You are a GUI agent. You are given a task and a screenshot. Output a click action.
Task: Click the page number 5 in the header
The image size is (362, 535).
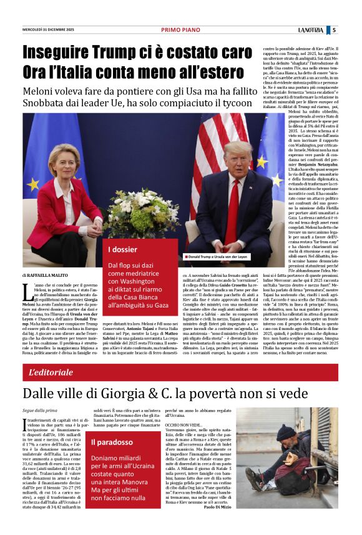[x=334, y=29]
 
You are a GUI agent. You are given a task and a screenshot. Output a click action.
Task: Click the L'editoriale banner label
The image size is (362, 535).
[x=51, y=372]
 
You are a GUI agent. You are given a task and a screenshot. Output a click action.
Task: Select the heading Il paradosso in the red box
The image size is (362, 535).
[x=112, y=442]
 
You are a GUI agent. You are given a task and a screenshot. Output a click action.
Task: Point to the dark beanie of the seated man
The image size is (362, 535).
[x=286, y=431]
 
